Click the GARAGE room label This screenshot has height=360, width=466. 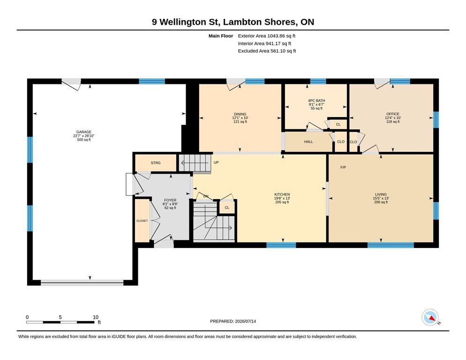(x=84, y=132)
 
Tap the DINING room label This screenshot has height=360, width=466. (x=240, y=114)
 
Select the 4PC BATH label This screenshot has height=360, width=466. (x=316, y=101)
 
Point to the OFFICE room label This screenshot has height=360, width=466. (x=393, y=114)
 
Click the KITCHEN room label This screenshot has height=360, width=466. (x=282, y=195)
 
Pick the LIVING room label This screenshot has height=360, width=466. (x=381, y=195)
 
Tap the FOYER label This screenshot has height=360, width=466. (x=170, y=200)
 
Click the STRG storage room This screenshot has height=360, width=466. (x=156, y=163)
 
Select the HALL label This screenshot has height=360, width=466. (x=308, y=142)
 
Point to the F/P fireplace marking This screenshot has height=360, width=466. (x=343, y=167)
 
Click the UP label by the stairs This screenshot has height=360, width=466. (x=216, y=163)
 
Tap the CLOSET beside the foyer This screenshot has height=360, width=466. (x=142, y=221)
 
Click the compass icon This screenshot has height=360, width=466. (x=430, y=317)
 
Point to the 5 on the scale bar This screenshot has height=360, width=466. (x=60, y=317)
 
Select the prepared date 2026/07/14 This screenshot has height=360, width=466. (x=246, y=322)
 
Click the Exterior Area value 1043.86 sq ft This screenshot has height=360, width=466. (x=281, y=36)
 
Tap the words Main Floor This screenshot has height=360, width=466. (x=221, y=36)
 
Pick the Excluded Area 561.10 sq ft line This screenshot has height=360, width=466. (x=267, y=51)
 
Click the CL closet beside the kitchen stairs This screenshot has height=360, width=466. (x=227, y=208)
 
